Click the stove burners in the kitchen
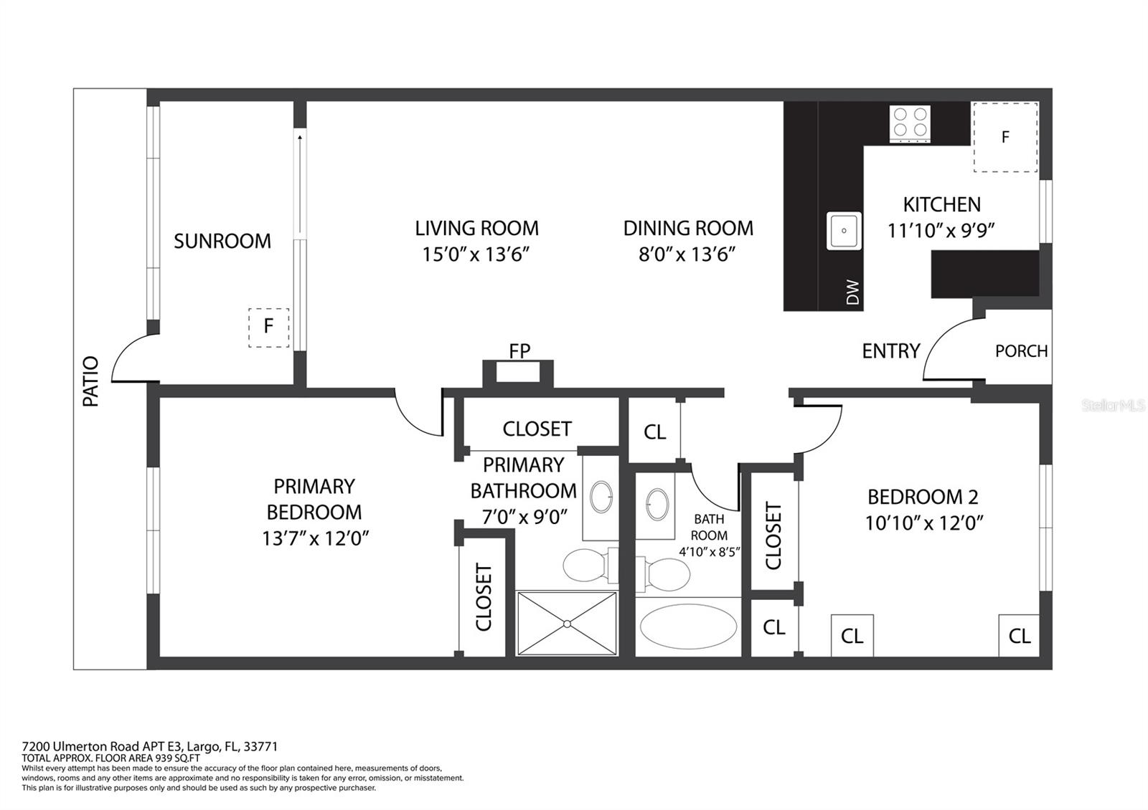tap(910, 123)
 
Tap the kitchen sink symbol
tap(844, 231)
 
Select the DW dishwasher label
tap(852, 292)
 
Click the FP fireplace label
tap(519, 351)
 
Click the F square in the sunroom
tap(268, 327)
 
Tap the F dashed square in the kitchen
tap(1004, 137)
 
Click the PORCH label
tap(1021, 351)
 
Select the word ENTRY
tap(890, 351)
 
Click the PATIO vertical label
tap(91, 381)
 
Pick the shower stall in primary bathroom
tap(567, 623)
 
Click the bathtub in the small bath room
tap(687, 626)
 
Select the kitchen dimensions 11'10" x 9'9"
tap(941, 231)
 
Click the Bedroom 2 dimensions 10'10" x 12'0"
tap(923, 523)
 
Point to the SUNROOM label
tap(222, 241)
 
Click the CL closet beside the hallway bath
tap(654, 432)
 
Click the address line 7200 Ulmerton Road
tap(149, 746)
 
